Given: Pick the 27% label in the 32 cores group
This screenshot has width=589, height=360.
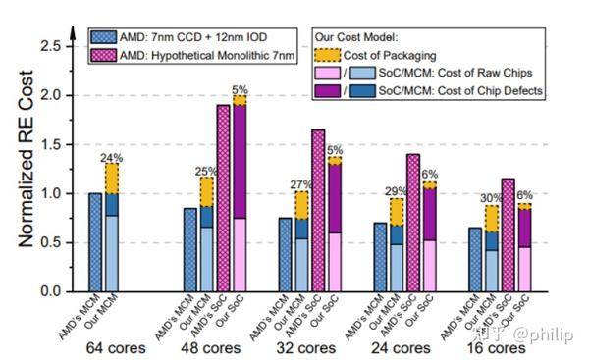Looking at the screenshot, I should (x=301, y=182).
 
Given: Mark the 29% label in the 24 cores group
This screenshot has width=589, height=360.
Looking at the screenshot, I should (x=397, y=190).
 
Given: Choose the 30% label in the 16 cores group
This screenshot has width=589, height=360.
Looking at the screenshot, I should (x=491, y=197).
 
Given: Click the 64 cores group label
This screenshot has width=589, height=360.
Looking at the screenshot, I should (x=115, y=348).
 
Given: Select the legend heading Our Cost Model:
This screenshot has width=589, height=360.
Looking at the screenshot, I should (x=357, y=35).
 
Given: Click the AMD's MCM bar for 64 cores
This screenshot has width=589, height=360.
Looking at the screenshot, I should (x=95, y=242).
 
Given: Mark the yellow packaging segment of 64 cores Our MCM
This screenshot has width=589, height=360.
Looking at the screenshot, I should (x=113, y=178).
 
